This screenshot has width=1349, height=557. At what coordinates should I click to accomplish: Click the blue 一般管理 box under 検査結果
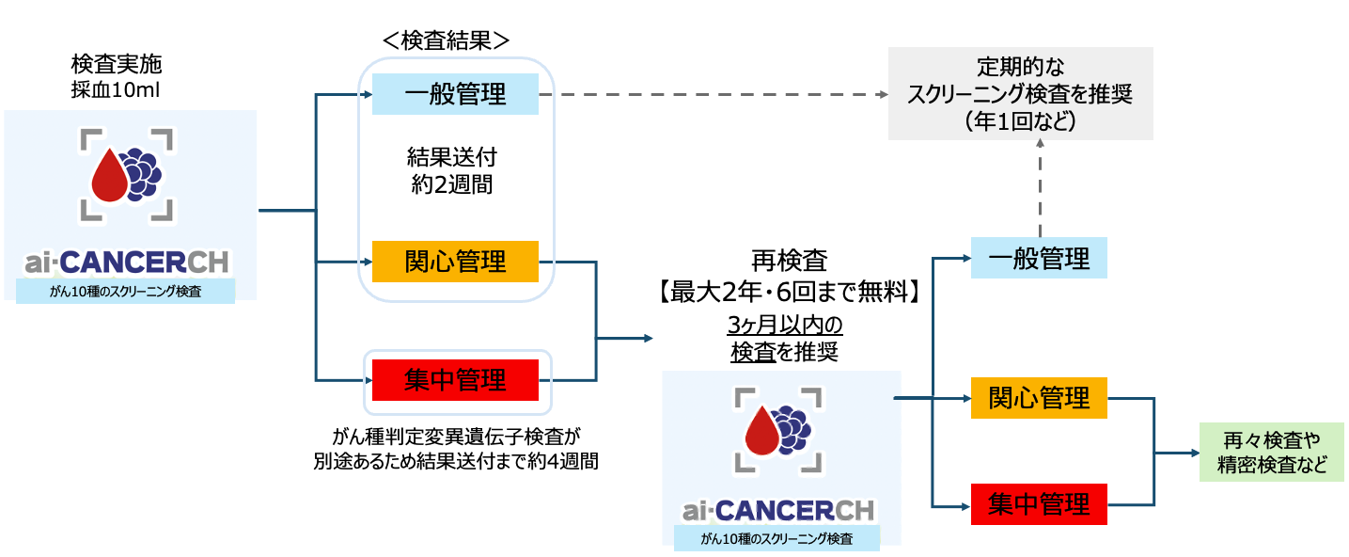(455, 94)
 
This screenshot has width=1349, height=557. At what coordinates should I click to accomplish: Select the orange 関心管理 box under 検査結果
(455, 261)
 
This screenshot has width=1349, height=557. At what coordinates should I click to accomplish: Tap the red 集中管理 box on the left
(455, 380)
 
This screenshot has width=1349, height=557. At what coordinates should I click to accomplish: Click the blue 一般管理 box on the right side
(1039, 258)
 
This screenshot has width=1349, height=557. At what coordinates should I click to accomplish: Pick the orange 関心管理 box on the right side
(1039, 398)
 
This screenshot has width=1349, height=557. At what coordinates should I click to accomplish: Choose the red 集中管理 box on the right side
(1039, 504)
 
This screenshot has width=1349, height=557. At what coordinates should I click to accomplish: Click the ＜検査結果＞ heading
(446, 40)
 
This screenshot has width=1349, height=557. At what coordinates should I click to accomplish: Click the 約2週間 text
(450, 184)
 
